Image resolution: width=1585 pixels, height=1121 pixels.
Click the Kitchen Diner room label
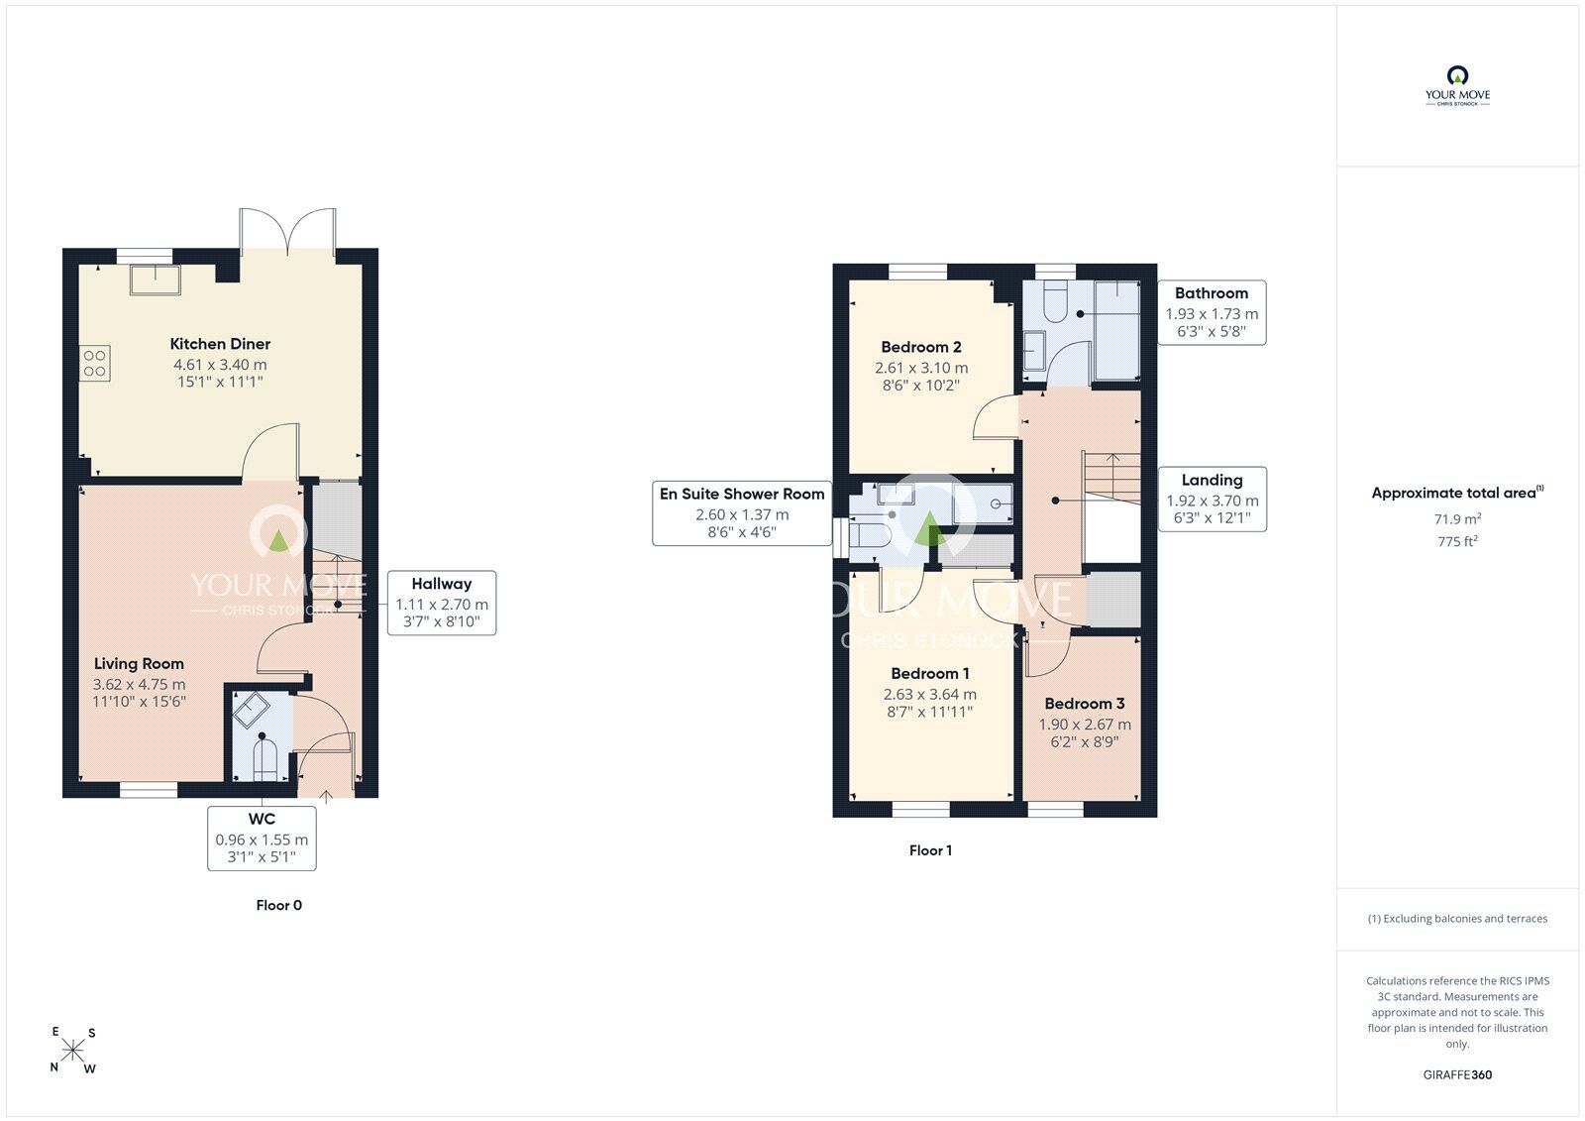220,344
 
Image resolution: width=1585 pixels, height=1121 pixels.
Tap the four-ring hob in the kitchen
95,364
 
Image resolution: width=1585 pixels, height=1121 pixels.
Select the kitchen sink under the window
155,280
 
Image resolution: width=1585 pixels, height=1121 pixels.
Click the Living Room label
139,663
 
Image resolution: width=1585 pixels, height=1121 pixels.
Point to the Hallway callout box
442,603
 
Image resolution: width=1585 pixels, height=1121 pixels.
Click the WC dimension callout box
262,838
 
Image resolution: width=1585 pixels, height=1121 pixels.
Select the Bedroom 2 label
921,347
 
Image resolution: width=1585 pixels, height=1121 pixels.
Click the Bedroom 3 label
1085,703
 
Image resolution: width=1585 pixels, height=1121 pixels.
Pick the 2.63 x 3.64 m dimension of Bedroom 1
930,694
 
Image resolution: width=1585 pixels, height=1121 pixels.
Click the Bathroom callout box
1213,312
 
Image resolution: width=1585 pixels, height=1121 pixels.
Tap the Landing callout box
1213,500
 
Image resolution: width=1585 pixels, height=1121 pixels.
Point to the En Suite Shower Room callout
742,513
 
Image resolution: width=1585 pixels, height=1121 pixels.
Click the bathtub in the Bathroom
1117,331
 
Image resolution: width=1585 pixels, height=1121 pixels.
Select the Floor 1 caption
930,850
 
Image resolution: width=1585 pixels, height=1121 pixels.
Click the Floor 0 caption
278,905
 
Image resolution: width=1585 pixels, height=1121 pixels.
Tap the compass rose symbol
73,1051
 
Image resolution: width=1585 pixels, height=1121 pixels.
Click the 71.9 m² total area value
1457,518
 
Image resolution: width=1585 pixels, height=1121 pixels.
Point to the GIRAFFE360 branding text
1457,1074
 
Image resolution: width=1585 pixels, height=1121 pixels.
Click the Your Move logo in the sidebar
1457,86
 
